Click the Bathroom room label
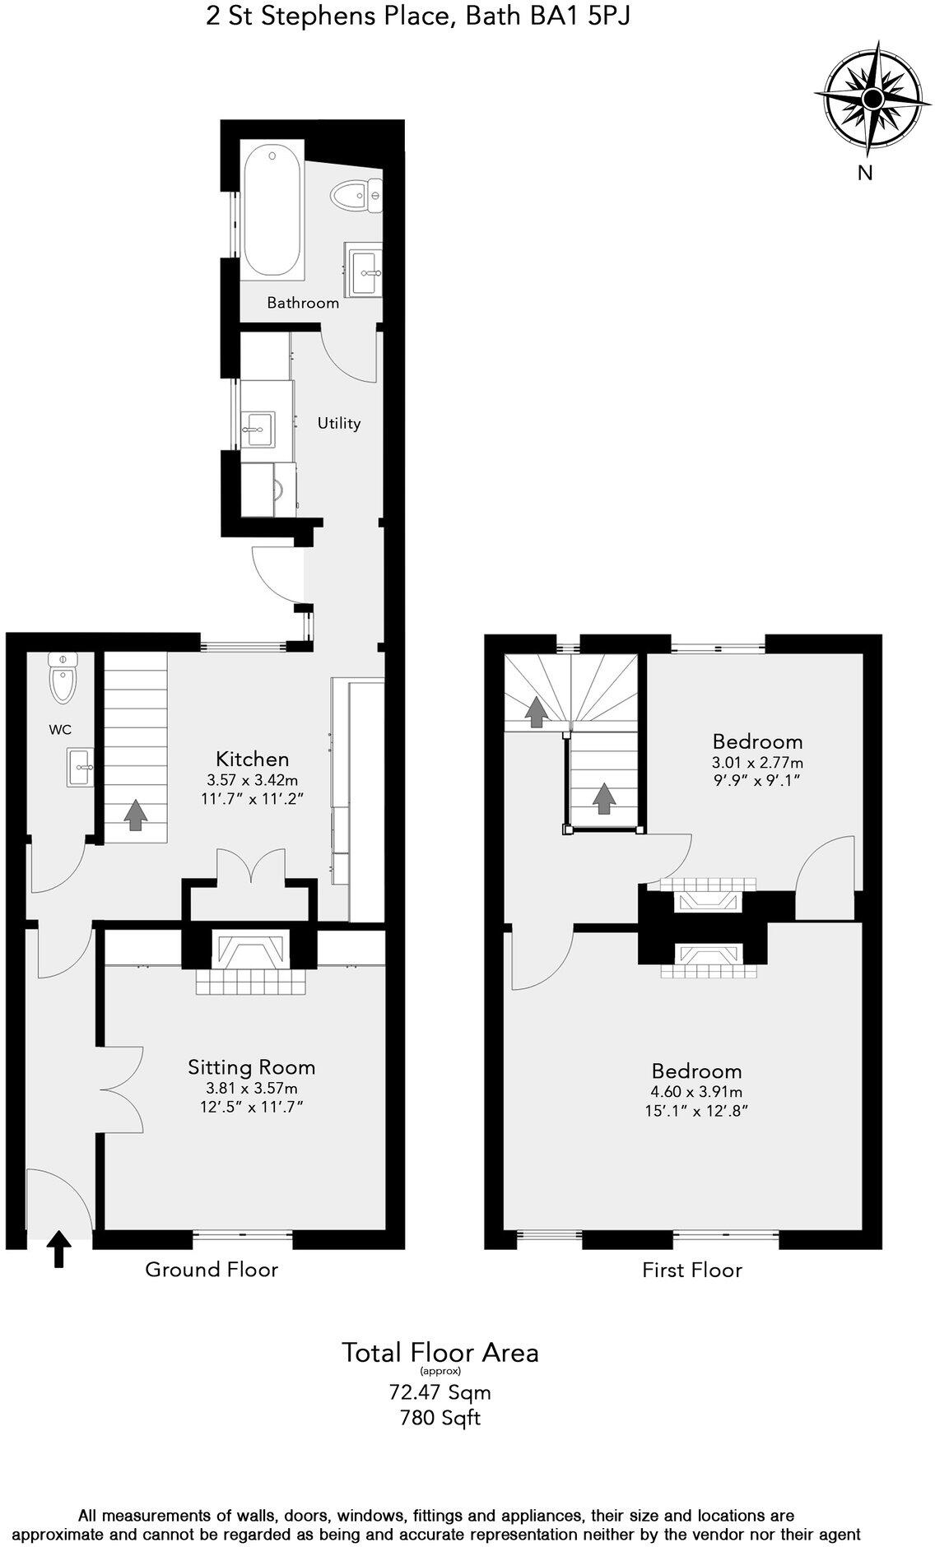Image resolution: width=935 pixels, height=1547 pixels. (303, 303)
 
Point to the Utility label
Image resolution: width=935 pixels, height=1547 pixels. (339, 423)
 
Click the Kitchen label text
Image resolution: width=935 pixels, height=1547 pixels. (252, 758)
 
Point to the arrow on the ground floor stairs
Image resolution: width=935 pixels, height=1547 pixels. (135, 813)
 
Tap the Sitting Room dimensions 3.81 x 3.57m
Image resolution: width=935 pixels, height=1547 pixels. (251, 1088)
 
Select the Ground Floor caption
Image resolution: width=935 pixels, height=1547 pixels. (212, 1269)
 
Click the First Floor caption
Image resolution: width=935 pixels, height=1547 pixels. (691, 1270)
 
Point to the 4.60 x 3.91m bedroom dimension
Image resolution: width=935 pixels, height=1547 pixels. (696, 1092)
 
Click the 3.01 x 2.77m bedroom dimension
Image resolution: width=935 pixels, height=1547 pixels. (757, 762)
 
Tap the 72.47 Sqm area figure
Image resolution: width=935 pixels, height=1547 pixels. (440, 1392)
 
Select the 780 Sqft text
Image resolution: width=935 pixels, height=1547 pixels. (440, 1418)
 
